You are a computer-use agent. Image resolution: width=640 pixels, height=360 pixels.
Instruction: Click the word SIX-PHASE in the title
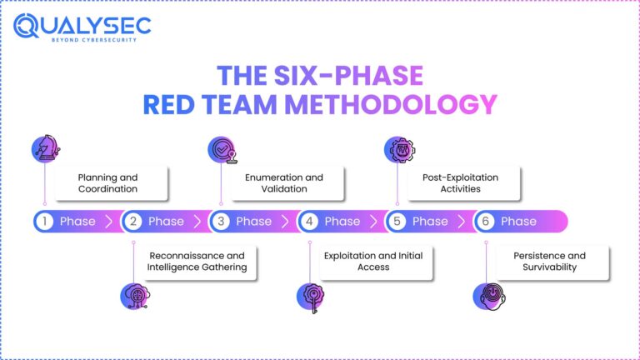click(344, 76)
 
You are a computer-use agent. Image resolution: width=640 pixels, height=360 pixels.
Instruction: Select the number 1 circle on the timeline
click(44, 222)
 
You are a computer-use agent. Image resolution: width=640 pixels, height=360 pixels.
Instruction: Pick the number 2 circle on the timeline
click(132, 222)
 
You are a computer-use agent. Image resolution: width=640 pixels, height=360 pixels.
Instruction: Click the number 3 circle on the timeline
click(221, 222)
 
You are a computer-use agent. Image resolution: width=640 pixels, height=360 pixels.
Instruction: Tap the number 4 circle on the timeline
click(309, 222)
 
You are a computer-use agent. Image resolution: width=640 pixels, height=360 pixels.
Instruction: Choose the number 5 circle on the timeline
click(397, 222)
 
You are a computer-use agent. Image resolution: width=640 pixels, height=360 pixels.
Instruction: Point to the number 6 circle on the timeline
click(486, 222)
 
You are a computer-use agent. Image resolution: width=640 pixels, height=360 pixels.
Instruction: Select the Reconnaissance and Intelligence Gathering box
click(197, 262)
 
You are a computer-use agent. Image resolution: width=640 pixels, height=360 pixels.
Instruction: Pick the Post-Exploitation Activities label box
click(461, 183)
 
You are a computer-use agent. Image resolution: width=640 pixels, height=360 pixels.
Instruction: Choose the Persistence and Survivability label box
click(547, 262)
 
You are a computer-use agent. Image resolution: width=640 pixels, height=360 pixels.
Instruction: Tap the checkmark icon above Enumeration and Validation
click(221, 149)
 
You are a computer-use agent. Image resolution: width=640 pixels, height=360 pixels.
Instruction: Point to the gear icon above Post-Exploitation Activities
click(397, 149)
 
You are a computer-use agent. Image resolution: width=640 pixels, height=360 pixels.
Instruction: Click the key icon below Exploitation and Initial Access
click(309, 296)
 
